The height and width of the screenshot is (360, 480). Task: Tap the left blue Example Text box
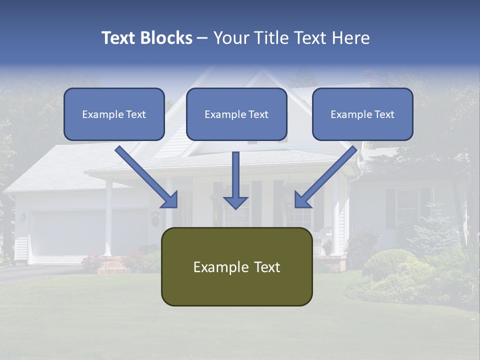114,114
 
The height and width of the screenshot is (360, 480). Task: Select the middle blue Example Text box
236,114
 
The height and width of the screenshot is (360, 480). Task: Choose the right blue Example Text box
362,114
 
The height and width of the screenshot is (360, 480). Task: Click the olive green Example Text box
236,266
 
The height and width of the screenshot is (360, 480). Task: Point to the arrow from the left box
145,175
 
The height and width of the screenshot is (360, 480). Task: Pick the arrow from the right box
327,175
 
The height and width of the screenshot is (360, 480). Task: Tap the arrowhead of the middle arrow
236,202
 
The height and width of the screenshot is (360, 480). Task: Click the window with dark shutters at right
407,207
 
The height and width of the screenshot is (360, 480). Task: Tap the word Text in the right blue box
384,114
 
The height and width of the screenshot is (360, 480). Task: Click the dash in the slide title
202,38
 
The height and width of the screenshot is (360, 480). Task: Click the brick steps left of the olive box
112,266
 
